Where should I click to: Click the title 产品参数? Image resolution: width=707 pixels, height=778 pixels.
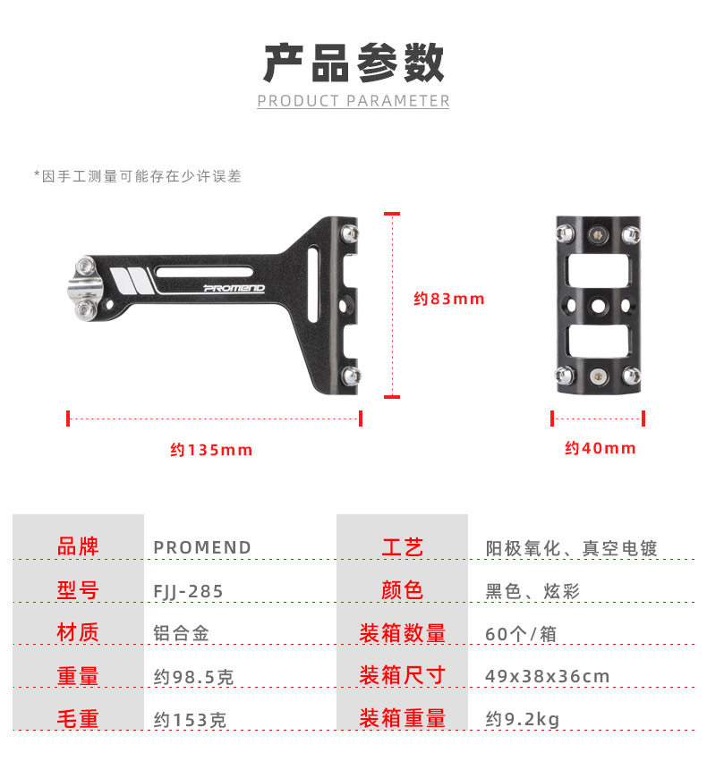pos(353,63)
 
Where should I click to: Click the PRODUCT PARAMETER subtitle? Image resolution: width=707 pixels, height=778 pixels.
pos(353,101)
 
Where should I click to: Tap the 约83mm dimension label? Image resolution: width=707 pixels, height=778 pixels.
pos(449,299)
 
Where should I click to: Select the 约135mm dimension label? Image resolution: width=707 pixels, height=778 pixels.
pos(211,450)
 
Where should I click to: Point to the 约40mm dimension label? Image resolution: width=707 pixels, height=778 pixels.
pos(601,448)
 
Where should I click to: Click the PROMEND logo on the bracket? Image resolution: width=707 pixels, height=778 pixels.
pos(234,288)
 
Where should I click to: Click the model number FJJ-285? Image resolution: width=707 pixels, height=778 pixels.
pos(188,591)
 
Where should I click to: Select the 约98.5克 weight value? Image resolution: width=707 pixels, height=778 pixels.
pos(193,677)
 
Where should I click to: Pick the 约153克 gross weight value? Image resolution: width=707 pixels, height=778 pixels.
pos(190,720)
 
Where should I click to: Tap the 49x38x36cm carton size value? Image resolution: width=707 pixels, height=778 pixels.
pos(547,676)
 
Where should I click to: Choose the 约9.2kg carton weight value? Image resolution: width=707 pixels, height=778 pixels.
pos(523,719)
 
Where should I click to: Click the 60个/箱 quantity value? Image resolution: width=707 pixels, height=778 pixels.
pos(521,634)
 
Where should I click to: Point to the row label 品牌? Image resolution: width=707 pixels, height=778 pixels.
pos(78,546)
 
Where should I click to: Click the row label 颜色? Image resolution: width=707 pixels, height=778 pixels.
pos(402,590)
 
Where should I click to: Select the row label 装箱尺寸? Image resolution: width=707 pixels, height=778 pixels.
pos(402,675)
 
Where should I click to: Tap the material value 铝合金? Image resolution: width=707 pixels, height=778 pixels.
pos(181,634)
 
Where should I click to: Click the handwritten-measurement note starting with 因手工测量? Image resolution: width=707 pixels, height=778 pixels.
pos(138,176)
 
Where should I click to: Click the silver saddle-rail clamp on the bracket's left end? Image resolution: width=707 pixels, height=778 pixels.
pos(85,288)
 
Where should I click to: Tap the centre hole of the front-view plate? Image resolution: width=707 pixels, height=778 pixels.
pos(599,306)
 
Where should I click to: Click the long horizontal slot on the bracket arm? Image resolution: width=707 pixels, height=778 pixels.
pos(204,272)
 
